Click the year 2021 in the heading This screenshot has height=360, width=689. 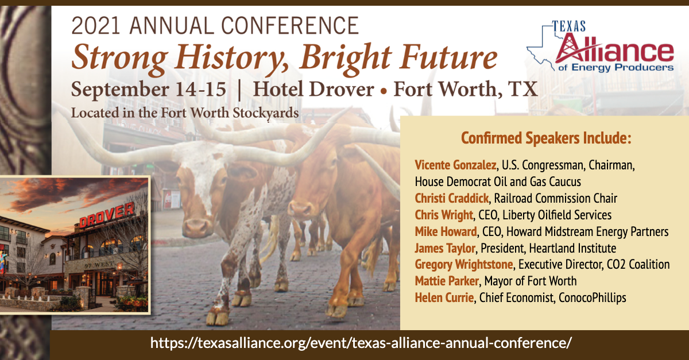(x=96, y=25)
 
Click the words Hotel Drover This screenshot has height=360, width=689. (x=313, y=89)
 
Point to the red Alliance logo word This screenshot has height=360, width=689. (x=614, y=49)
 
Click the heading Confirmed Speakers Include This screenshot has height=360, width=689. (x=546, y=138)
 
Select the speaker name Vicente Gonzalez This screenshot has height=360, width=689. (x=455, y=165)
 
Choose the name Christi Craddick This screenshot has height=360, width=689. (x=451, y=198)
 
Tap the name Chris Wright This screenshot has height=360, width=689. (x=444, y=215)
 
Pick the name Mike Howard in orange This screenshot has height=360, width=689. (x=446, y=231)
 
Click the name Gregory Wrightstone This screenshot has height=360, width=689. (x=464, y=264)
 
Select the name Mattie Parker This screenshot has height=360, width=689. (x=447, y=281)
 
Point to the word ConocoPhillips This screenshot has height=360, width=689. (x=593, y=298)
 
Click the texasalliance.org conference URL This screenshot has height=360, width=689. (x=361, y=343)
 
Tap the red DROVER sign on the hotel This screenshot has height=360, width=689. (x=107, y=215)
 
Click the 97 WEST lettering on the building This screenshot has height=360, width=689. (x=99, y=265)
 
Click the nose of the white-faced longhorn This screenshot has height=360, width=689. (x=196, y=228)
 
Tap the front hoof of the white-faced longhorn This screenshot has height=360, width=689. (x=218, y=318)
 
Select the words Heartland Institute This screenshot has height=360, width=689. (x=573, y=248)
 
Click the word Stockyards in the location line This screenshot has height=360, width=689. (x=265, y=113)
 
